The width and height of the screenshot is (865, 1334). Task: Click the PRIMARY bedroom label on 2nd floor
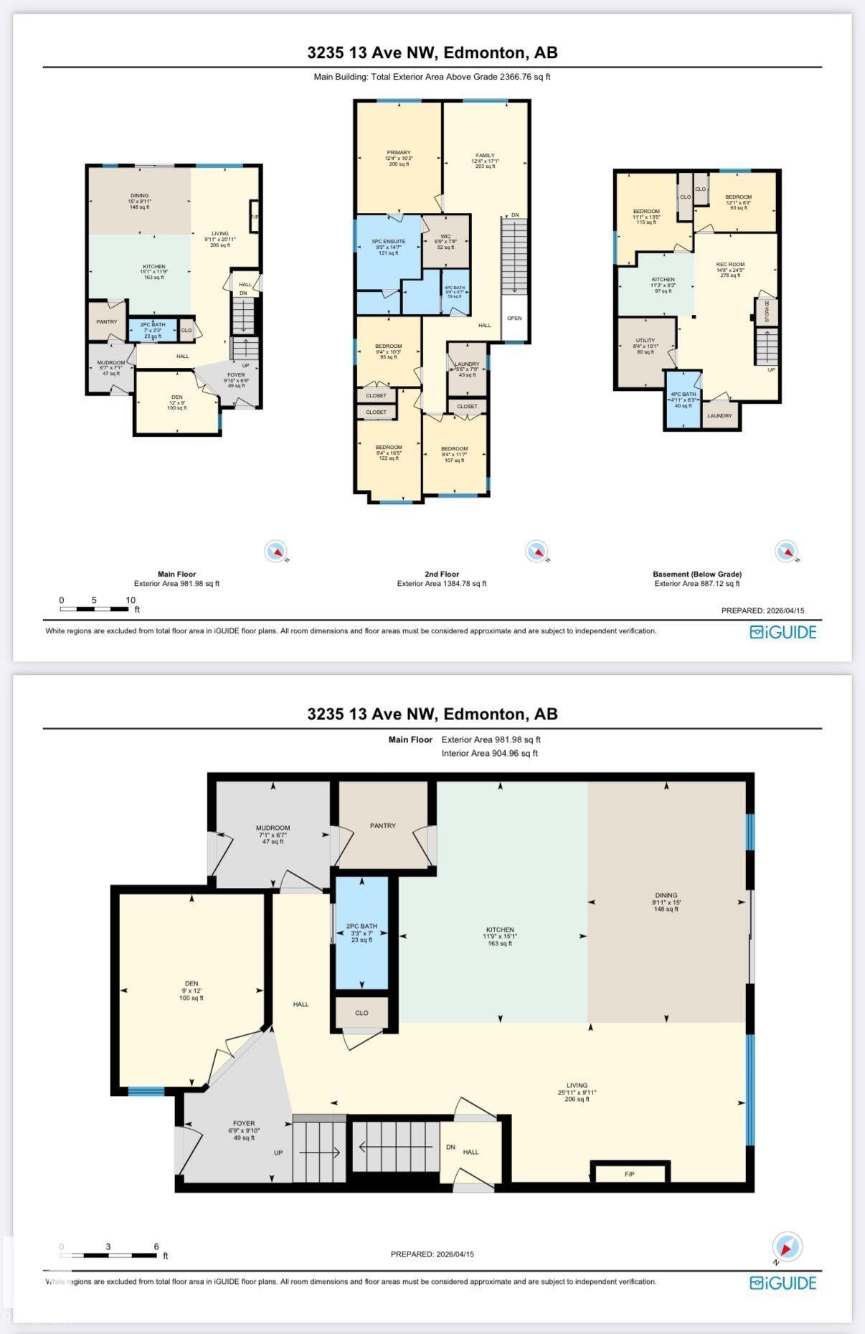(399, 153)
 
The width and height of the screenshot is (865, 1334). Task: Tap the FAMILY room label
(485, 156)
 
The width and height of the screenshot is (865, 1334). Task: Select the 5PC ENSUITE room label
(388, 242)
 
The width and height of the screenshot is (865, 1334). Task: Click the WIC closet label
(445, 237)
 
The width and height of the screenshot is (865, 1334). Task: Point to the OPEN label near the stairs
(514, 318)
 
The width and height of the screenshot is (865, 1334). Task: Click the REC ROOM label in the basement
(730, 265)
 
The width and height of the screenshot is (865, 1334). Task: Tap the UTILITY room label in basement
(645, 341)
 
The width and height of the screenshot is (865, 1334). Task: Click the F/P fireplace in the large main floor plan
(629, 1173)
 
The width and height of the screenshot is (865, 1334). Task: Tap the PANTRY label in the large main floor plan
(383, 826)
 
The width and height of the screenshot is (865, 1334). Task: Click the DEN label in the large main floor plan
(191, 983)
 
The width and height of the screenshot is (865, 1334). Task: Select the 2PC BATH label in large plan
(361, 927)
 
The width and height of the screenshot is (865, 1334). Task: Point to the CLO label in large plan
(361, 1013)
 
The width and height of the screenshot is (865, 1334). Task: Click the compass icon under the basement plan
(786, 552)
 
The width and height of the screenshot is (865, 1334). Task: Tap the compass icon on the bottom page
(787, 1247)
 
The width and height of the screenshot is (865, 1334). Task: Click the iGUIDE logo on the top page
(783, 632)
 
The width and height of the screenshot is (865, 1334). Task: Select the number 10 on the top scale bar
(131, 600)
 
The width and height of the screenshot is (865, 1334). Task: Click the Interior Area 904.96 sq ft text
(489, 753)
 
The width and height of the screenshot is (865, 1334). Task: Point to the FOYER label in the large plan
(244, 1123)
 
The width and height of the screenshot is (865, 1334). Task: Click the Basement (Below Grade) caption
(696, 574)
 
